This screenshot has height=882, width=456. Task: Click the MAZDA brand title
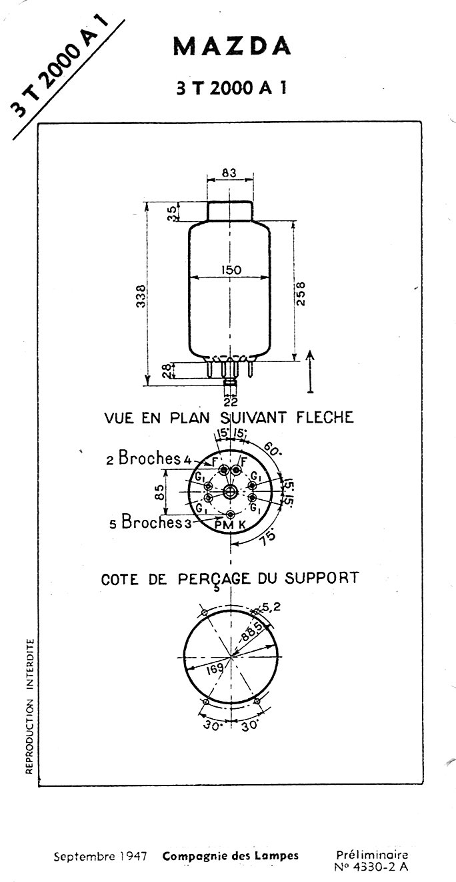point(232,47)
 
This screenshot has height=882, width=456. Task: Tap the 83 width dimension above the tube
point(229,172)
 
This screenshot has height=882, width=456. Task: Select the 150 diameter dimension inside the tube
point(231,270)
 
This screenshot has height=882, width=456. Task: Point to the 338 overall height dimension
point(141,296)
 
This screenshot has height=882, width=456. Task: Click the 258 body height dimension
point(301,293)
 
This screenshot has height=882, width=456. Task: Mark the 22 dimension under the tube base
point(231,401)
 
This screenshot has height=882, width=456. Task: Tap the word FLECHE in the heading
point(325,417)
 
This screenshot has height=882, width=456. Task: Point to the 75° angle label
point(268,537)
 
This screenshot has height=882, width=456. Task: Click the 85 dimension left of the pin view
point(159,492)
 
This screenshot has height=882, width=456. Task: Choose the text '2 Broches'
point(143,458)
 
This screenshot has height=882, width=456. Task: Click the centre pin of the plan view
point(230,491)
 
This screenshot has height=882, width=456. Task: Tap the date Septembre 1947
point(100,857)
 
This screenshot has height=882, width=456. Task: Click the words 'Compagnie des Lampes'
point(231,856)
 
